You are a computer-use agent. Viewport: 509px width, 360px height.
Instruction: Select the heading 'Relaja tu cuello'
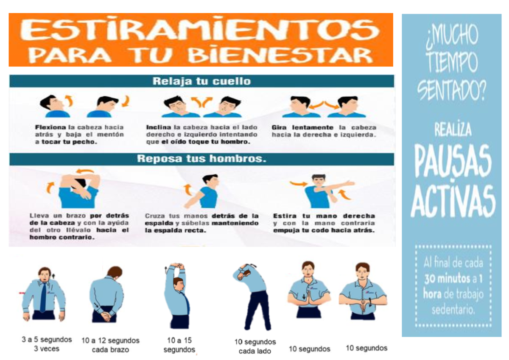pos(201,81)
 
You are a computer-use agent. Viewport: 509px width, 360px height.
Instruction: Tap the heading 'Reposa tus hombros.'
pos(201,159)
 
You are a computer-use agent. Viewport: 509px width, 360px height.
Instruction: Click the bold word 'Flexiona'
pos(50,127)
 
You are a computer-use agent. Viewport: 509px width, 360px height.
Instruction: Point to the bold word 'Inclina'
pos(158,127)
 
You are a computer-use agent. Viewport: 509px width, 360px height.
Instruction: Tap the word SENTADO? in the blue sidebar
pos(451,89)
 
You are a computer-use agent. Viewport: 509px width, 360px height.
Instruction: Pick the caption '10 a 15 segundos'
pos(179,345)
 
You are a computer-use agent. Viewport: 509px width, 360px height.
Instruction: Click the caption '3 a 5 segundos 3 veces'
pos(47,344)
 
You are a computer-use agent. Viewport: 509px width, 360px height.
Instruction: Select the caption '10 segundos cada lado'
pos(255,346)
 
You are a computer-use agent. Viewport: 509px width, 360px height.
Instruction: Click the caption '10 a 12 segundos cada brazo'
pos(110,345)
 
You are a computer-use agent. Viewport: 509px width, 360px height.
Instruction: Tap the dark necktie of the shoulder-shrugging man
pos(43,297)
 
